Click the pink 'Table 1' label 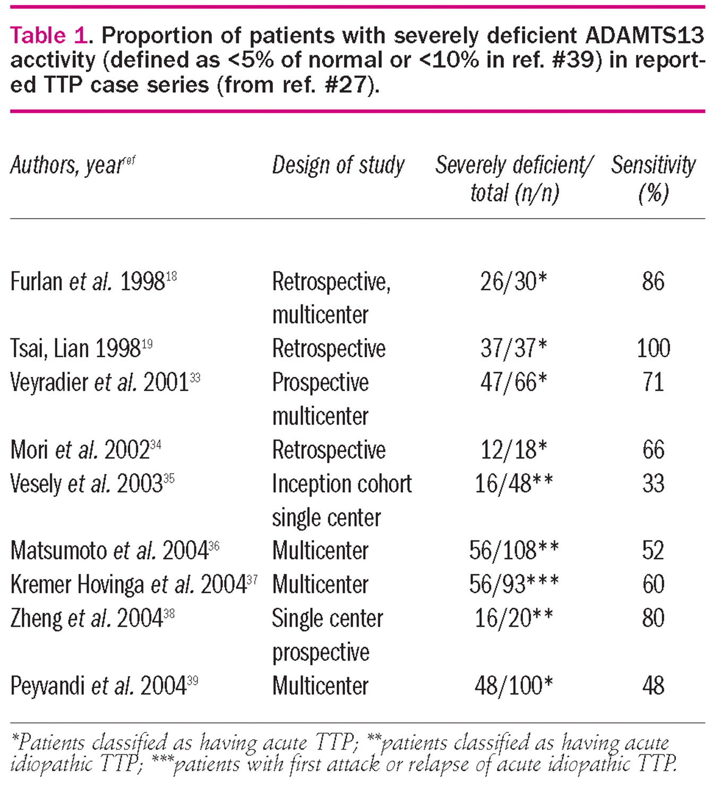pyautogui.click(x=48, y=36)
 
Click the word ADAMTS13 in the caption pyautogui.click(x=645, y=36)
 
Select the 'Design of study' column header pyautogui.click(x=338, y=166)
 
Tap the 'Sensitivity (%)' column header pyautogui.click(x=653, y=179)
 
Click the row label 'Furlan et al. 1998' pyautogui.click(x=93, y=281)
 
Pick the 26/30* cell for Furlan pyautogui.click(x=513, y=281)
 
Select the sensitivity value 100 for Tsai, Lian pyautogui.click(x=653, y=349)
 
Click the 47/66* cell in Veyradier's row pyautogui.click(x=513, y=382)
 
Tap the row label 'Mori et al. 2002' pyautogui.click(x=85, y=450)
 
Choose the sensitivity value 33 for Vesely pyautogui.click(x=653, y=484)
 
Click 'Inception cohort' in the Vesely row pyautogui.click(x=342, y=484)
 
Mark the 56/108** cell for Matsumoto pyautogui.click(x=513, y=551)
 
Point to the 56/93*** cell pyautogui.click(x=513, y=585)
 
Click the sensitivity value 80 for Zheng pyautogui.click(x=653, y=618)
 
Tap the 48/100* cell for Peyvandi pyautogui.click(x=513, y=686)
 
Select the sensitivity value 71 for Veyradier pyautogui.click(x=653, y=382)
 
